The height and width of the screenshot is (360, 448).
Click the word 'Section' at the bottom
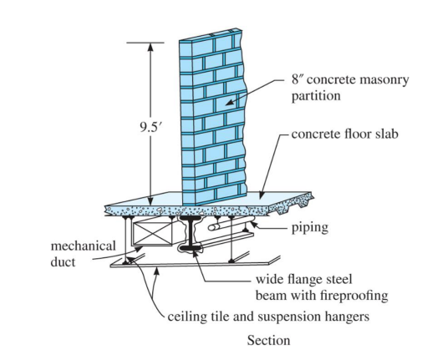pos(268,341)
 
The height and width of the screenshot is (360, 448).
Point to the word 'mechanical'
pos(84,248)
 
